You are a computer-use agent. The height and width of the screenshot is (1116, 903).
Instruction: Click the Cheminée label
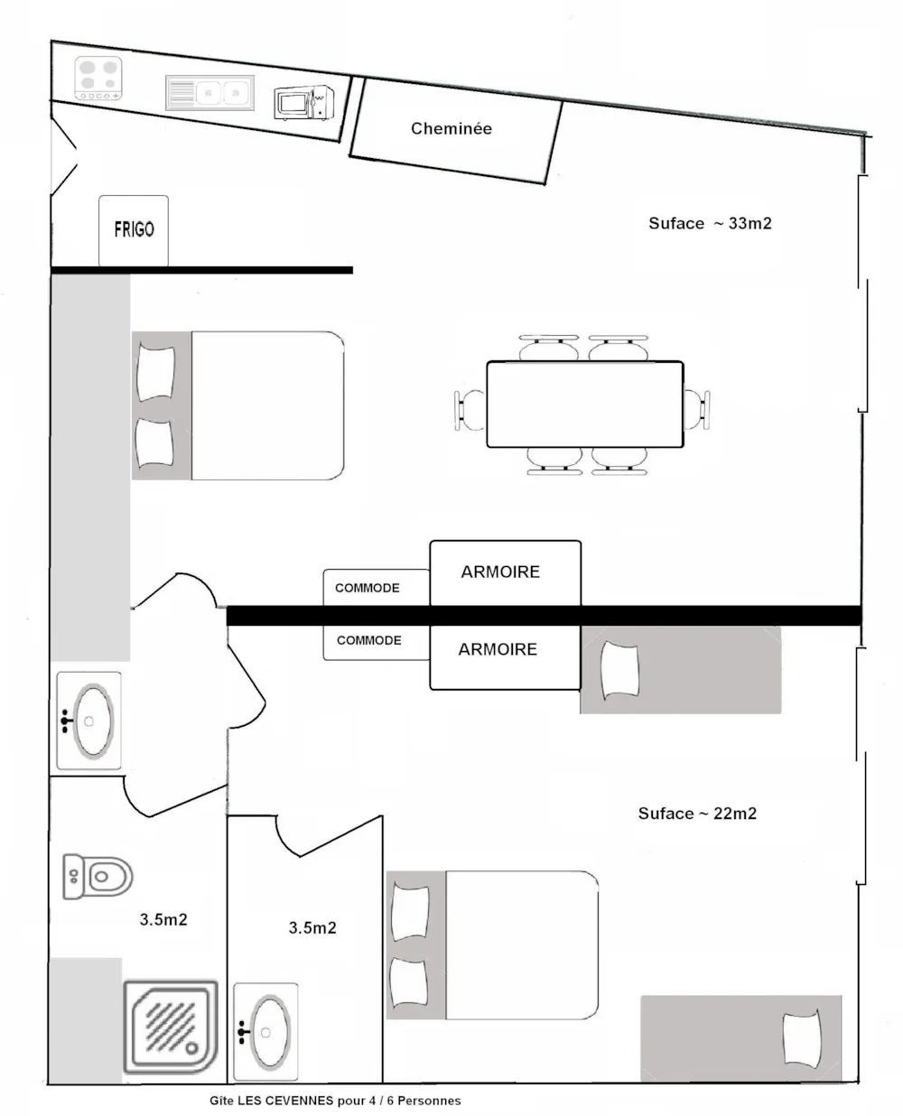pos(451,128)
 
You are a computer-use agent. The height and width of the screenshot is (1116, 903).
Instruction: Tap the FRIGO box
pos(133,230)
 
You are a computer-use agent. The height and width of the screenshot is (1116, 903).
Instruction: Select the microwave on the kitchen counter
pos(303,103)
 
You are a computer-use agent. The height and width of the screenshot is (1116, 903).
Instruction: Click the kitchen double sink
pos(209,93)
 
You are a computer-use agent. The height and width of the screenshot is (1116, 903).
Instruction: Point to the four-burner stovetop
pos(98,78)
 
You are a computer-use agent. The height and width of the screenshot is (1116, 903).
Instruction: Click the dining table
pos(584,404)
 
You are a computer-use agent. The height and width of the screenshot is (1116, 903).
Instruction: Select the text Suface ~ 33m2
pos(710,223)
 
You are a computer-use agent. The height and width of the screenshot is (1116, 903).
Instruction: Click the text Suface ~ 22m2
pos(697,814)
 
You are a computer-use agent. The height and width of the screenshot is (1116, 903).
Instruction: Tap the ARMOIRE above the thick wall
pos(505,573)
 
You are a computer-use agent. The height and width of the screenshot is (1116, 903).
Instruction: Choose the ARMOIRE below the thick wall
pos(505,657)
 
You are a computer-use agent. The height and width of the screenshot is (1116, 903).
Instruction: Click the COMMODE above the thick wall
pos(377,588)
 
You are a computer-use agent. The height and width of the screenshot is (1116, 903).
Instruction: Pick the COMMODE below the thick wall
pos(377,642)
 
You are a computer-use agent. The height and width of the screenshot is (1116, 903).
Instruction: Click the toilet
pos(98,877)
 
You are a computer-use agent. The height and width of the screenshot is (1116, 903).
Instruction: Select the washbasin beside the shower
pos(265,1031)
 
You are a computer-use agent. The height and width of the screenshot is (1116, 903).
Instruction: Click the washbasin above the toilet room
pos(88,721)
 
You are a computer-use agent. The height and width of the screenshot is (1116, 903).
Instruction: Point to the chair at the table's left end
pos(470,410)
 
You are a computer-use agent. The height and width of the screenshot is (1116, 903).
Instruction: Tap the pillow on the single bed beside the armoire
pos(620,671)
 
